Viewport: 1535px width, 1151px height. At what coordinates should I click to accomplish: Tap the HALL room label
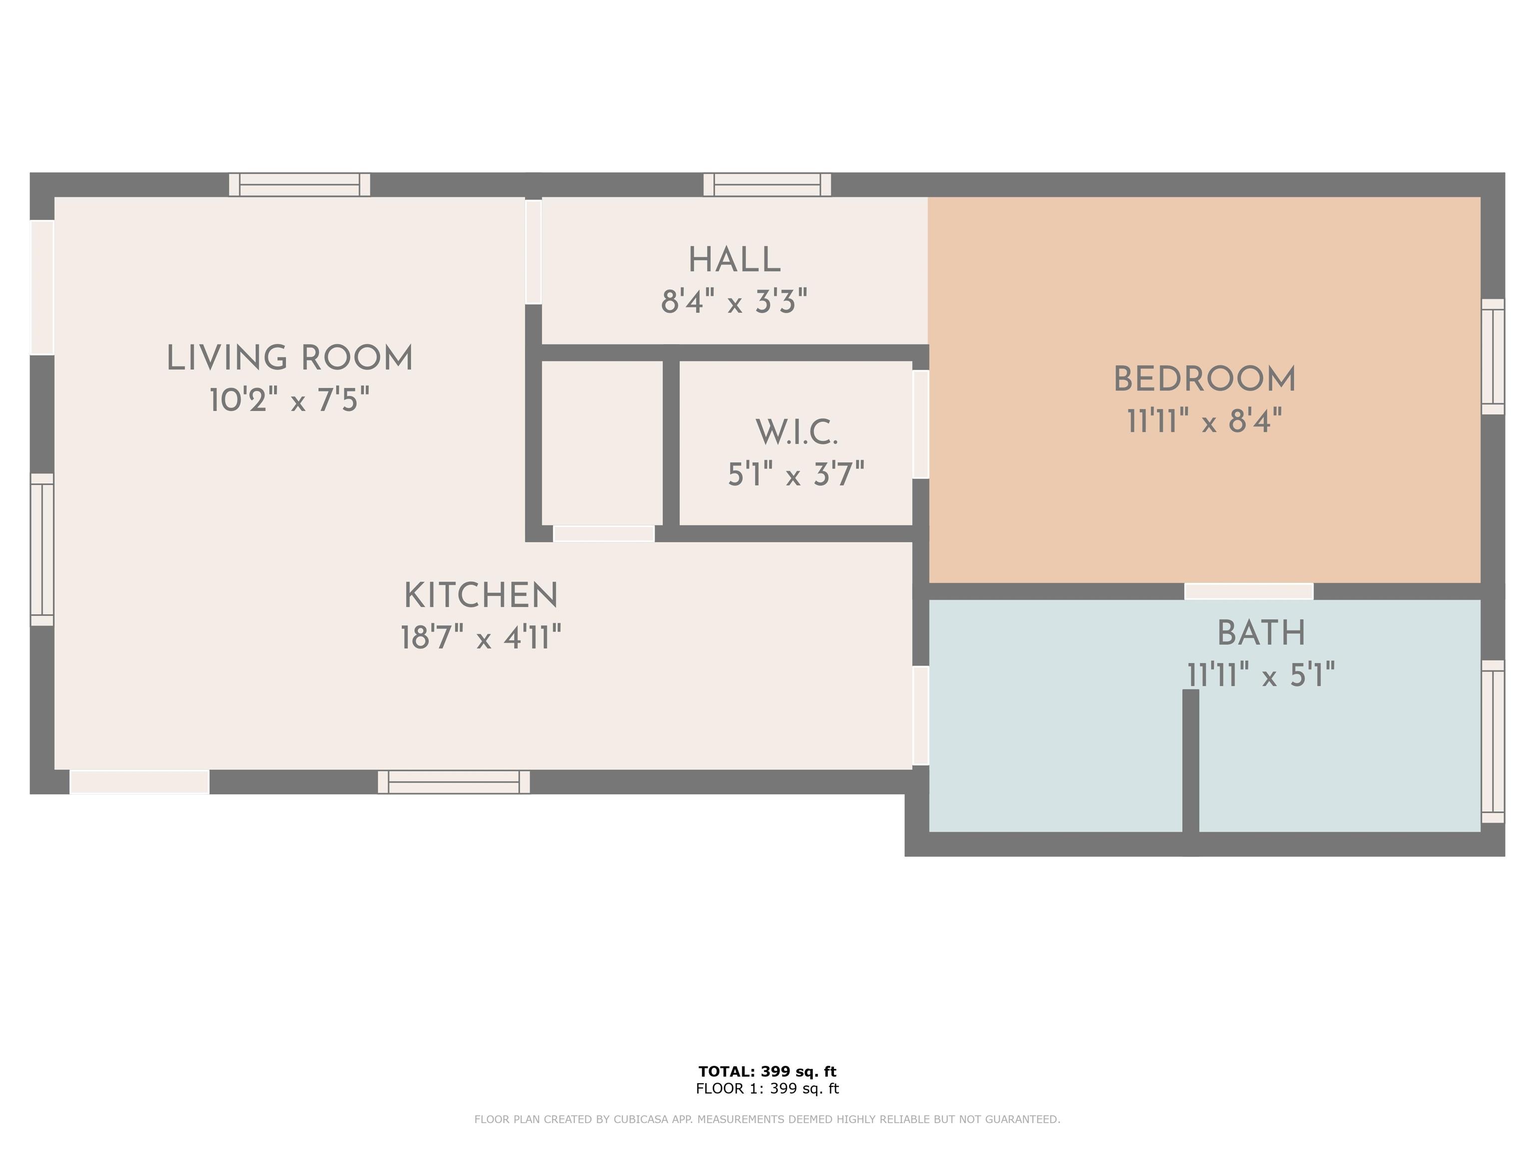pos(734,261)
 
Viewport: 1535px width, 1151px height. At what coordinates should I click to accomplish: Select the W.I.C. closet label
pos(796,434)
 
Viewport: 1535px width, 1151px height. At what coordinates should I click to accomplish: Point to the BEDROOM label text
pos(1205,380)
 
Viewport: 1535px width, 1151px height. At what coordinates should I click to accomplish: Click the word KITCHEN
pos(481,596)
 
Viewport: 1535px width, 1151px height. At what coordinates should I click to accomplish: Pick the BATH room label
pos(1261,633)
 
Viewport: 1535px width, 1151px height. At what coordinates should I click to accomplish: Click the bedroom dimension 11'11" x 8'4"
pos(1205,421)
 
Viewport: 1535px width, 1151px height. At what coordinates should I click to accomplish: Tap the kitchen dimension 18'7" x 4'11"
pos(481,637)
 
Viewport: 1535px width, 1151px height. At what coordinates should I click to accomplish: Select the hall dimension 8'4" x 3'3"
pos(734,302)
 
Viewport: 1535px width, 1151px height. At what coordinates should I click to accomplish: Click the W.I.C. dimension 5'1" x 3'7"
pos(796,475)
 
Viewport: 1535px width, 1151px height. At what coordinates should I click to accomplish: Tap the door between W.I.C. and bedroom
pos(920,424)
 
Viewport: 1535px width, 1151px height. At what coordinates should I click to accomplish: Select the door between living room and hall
pos(533,252)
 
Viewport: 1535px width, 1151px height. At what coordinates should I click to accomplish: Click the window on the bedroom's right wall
pos(1493,357)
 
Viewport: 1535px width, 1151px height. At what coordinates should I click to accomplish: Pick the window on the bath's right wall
pos(1493,741)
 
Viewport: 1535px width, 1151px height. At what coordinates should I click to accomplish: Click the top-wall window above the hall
pos(767,184)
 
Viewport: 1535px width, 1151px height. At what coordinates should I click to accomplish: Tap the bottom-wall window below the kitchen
pos(454,782)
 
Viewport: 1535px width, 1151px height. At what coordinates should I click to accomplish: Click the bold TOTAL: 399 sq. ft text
pos(767,1071)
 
